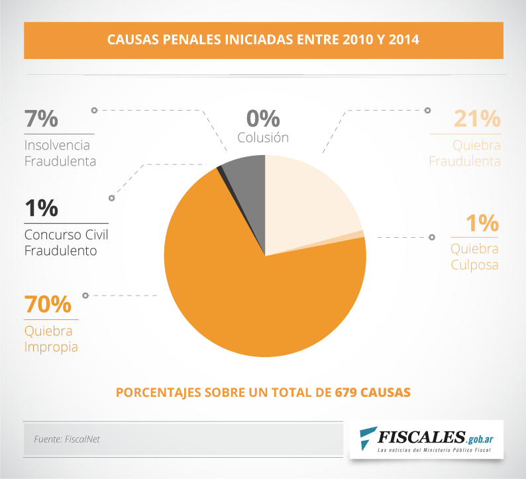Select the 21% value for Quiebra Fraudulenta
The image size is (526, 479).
pos(476,119)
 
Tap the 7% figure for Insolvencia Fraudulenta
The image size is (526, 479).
pos(41,119)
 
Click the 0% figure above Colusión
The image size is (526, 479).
pos(263,119)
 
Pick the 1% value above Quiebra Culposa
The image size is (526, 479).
pos(482,223)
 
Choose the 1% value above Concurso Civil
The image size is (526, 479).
pos(41,208)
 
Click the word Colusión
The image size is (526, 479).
pos(263,138)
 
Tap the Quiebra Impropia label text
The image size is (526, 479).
pos(51,339)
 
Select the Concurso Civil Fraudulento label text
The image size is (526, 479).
pos(66,243)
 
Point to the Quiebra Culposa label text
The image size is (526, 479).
pos(474,257)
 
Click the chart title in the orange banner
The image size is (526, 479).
pos(263,40)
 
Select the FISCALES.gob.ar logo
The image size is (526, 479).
pos(427,439)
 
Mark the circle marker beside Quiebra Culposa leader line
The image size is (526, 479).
pos(433,237)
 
